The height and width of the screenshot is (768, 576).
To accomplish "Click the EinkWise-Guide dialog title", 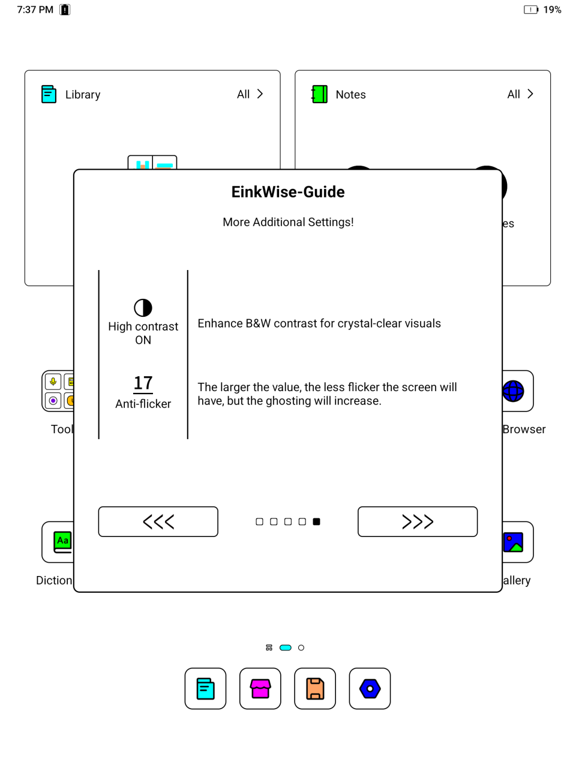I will (x=288, y=192).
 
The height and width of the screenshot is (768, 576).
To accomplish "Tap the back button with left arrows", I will (x=158, y=521).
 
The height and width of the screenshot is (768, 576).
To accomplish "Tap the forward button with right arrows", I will (x=418, y=521).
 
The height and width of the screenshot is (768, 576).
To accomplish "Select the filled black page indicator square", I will (x=317, y=521).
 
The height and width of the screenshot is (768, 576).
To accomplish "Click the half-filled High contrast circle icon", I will (x=143, y=308).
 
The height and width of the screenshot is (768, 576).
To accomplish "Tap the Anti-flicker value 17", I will (x=143, y=383).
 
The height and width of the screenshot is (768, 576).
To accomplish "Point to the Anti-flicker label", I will (x=143, y=404).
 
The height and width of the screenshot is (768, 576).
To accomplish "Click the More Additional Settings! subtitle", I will (x=288, y=222).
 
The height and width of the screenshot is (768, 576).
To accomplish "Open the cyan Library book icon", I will (x=49, y=94).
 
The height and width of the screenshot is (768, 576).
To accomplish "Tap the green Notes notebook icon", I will (x=320, y=94).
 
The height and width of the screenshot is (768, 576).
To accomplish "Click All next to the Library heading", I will (x=250, y=94).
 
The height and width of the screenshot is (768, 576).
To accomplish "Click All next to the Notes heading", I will (x=520, y=94).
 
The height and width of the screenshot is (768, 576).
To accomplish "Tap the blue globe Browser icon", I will (x=514, y=391).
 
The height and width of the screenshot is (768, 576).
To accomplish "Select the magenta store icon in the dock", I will (x=260, y=688).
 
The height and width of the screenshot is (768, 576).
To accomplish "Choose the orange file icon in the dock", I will (x=315, y=688).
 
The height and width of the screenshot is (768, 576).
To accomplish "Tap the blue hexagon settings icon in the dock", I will (x=370, y=688).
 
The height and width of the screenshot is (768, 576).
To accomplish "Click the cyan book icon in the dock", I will (x=205, y=688).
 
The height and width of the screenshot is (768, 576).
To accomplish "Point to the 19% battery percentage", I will (x=552, y=10).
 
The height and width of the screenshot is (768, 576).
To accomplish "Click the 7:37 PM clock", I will (x=35, y=10).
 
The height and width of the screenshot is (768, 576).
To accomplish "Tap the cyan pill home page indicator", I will (x=286, y=647).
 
